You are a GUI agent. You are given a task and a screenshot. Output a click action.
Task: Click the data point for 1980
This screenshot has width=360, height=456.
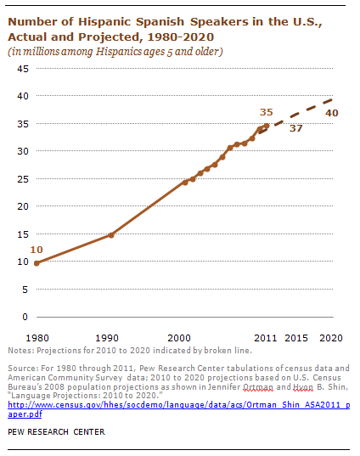tap(37, 263)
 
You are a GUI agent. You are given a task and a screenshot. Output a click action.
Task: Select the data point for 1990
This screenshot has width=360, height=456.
tap(111, 235)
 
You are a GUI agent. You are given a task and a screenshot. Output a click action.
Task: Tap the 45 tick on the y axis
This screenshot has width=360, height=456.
tap(23, 69)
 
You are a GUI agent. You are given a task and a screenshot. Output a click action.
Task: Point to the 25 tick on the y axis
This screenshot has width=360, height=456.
tap(23, 179)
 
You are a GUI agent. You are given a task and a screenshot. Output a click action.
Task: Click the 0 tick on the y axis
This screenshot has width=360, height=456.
tap(25, 317)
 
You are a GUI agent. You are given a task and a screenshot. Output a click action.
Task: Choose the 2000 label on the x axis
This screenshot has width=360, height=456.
tap(179, 338)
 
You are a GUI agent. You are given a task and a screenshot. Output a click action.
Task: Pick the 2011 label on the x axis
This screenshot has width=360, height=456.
tap(266, 338)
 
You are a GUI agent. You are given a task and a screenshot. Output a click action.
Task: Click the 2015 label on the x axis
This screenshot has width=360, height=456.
tap(296, 338)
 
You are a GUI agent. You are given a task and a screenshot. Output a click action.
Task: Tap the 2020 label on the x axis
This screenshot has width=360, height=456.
tap(331, 338)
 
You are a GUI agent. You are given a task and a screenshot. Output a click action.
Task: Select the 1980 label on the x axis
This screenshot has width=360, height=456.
tap(37, 338)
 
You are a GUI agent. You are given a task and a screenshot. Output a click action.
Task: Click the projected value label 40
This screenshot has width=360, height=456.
tap(332, 113)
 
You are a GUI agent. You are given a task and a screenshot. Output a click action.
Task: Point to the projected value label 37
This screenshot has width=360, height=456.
tap(296, 128)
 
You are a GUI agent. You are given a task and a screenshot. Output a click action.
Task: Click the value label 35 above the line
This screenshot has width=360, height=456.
tap(267, 112)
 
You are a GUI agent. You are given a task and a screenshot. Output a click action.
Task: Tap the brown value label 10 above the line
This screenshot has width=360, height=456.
tap(37, 250)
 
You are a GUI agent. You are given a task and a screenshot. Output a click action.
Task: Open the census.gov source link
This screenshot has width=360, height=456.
tap(179, 409)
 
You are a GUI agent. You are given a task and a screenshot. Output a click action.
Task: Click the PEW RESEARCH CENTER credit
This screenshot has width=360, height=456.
tap(56, 432)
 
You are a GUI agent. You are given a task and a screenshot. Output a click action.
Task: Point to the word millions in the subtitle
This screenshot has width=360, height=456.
tap(41, 52)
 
